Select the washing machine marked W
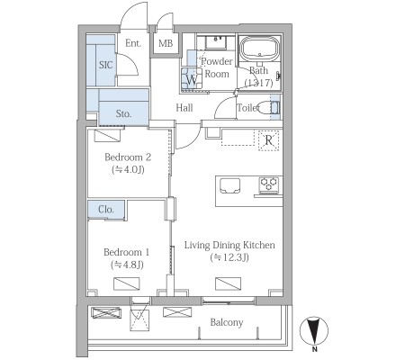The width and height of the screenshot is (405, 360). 192,78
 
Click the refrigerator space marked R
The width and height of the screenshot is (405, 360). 268,140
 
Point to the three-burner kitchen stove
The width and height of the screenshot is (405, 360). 269,184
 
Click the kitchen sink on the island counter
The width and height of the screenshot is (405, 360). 229,186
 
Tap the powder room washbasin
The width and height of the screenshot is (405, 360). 216,42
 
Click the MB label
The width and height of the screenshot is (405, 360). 166,43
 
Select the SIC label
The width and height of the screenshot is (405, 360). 106,65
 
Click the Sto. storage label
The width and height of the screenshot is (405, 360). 123,113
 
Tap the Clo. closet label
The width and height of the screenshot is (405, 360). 106,209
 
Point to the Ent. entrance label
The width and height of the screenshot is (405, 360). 133,43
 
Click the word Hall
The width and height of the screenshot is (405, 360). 184,108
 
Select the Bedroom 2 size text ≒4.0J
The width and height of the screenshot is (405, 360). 128,170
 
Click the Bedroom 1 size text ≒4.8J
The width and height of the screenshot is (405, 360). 127,265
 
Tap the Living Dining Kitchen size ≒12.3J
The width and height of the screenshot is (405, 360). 229,257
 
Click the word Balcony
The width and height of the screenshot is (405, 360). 227,322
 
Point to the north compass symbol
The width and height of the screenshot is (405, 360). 314,331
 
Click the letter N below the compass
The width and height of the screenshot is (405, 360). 314,349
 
